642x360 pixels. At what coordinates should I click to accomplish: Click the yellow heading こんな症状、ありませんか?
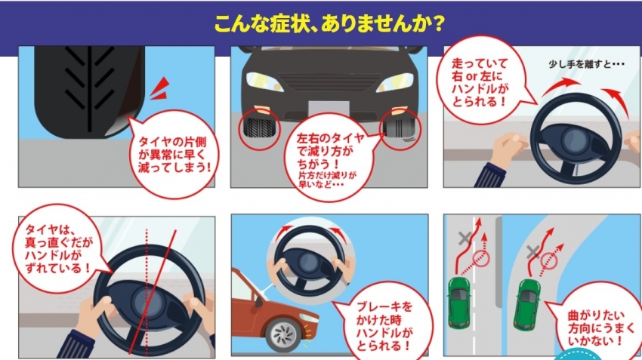[329, 23]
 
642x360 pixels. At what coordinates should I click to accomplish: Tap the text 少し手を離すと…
[586, 64]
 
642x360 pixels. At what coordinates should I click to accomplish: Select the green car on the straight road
[459, 303]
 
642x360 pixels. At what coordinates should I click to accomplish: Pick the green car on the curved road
[528, 304]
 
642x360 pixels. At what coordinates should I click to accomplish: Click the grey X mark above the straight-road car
[465, 238]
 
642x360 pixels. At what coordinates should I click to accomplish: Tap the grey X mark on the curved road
[532, 252]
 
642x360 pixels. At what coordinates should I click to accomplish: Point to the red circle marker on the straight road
[481, 259]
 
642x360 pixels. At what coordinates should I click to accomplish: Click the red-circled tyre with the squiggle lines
[400, 129]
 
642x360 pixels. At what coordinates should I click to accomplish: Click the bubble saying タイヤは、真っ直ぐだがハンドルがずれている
[59, 249]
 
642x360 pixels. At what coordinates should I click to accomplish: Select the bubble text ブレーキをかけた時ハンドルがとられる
[384, 326]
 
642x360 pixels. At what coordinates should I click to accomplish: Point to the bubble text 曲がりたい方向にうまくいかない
[596, 328]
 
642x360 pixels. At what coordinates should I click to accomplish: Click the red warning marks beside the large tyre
[160, 88]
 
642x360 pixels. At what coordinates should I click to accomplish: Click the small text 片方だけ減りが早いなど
[327, 180]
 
